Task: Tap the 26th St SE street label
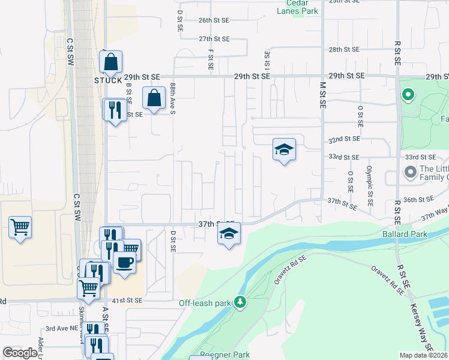(x=214, y=20)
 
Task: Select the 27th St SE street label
(x=214, y=39)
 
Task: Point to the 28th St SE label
(x=344, y=49)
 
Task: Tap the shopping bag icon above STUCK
(x=111, y=61)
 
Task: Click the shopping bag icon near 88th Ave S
(x=154, y=97)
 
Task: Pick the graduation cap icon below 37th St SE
(x=228, y=233)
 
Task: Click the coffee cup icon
(x=124, y=263)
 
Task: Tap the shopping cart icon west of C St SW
(x=20, y=227)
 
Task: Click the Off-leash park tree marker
(x=240, y=301)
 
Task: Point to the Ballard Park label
(x=402, y=233)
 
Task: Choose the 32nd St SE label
(x=343, y=139)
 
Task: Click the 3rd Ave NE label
(x=62, y=329)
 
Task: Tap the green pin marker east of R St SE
(x=408, y=95)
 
